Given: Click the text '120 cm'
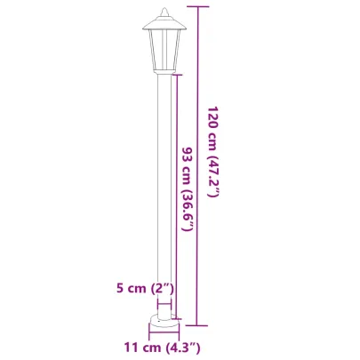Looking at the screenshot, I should click(x=212, y=125).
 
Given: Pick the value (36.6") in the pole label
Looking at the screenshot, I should click(x=187, y=204).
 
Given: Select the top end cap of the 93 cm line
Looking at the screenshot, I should click(x=178, y=75).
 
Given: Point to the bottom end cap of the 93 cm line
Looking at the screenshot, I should click(x=178, y=318).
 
